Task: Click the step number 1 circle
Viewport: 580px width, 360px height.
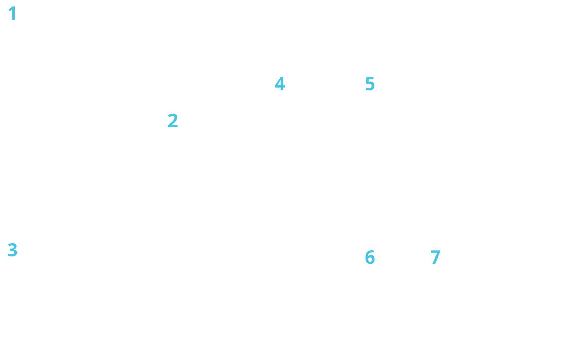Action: [13, 13]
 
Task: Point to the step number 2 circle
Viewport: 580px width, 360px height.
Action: [173, 121]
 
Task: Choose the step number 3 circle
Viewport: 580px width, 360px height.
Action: [13, 250]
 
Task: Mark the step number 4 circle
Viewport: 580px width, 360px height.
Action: [280, 83]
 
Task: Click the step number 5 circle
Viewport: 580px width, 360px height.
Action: [370, 83]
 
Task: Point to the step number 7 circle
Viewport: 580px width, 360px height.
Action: [435, 257]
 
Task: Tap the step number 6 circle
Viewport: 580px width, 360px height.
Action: [370, 257]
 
